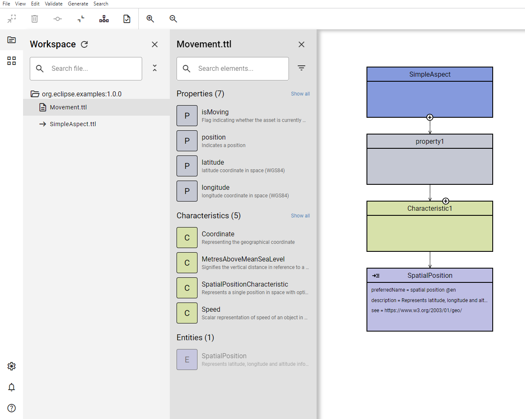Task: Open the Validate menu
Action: (x=53, y=4)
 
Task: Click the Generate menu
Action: (x=78, y=4)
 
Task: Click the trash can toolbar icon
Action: (x=35, y=19)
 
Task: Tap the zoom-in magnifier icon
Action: (x=150, y=19)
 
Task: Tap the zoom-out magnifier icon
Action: (x=173, y=19)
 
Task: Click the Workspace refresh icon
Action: (x=84, y=44)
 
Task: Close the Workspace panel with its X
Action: (x=155, y=44)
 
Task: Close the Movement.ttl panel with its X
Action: (x=301, y=44)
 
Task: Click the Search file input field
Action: (x=86, y=69)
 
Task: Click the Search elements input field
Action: (x=233, y=69)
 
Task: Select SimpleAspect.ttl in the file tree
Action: (x=73, y=124)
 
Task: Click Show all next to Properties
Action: (x=300, y=94)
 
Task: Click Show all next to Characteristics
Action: (x=300, y=216)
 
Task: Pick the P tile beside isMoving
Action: (x=187, y=116)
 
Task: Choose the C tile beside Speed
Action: (x=187, y=313)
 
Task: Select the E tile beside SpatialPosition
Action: (x=187, y=360)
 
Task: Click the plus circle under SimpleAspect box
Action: (x=430, y=117)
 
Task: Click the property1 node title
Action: (x=430, y=141)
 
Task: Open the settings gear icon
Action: (x=11, y=366)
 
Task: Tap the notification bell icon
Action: (x=11, y=387)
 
